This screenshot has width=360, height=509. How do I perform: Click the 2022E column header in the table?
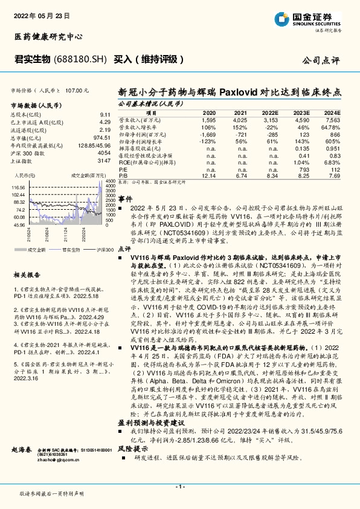(x=269, y=113)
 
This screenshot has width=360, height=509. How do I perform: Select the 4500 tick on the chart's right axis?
(x=110, y=181)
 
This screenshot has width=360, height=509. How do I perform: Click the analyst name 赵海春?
(x=22, y=452)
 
